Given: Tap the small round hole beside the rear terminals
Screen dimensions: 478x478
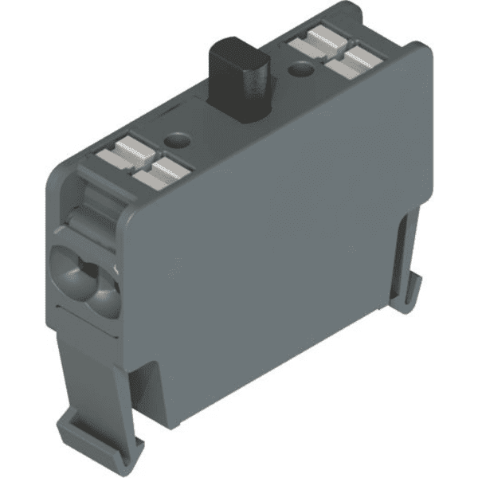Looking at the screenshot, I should (300, 72).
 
